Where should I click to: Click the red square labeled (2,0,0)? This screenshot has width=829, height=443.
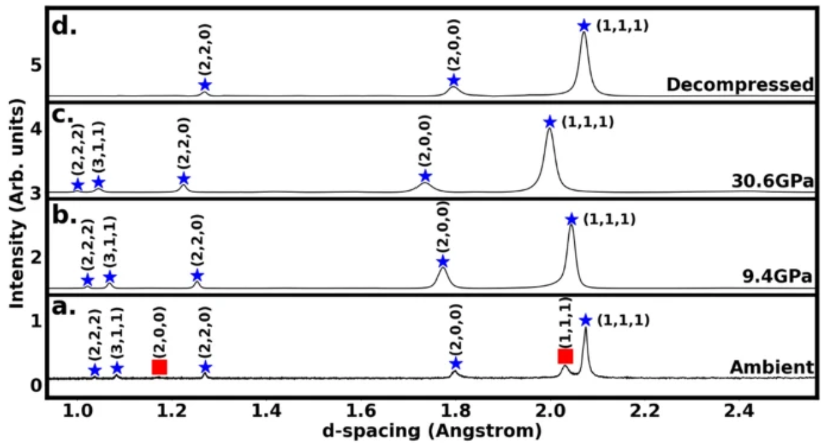coord(159,367)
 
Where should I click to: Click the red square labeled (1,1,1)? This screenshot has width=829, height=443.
coord(565,356)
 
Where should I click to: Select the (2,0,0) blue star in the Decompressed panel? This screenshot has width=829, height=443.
coord(453,80)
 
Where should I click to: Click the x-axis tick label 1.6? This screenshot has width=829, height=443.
coord(362,412)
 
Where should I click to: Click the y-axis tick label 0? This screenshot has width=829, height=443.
coord(38,384)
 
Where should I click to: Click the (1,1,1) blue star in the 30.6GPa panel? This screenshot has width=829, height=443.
coord(550,122)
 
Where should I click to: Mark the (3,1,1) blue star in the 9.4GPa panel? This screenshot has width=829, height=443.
coord(110,277)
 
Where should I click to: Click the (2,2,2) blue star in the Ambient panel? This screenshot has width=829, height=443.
coord(94,370)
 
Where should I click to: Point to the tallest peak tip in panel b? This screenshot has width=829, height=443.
coord(571,227)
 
